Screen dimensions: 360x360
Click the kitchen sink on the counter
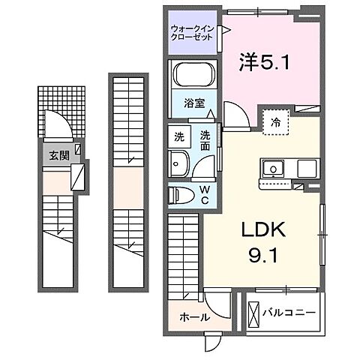click(273, 169)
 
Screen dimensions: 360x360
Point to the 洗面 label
click(205, 141)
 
